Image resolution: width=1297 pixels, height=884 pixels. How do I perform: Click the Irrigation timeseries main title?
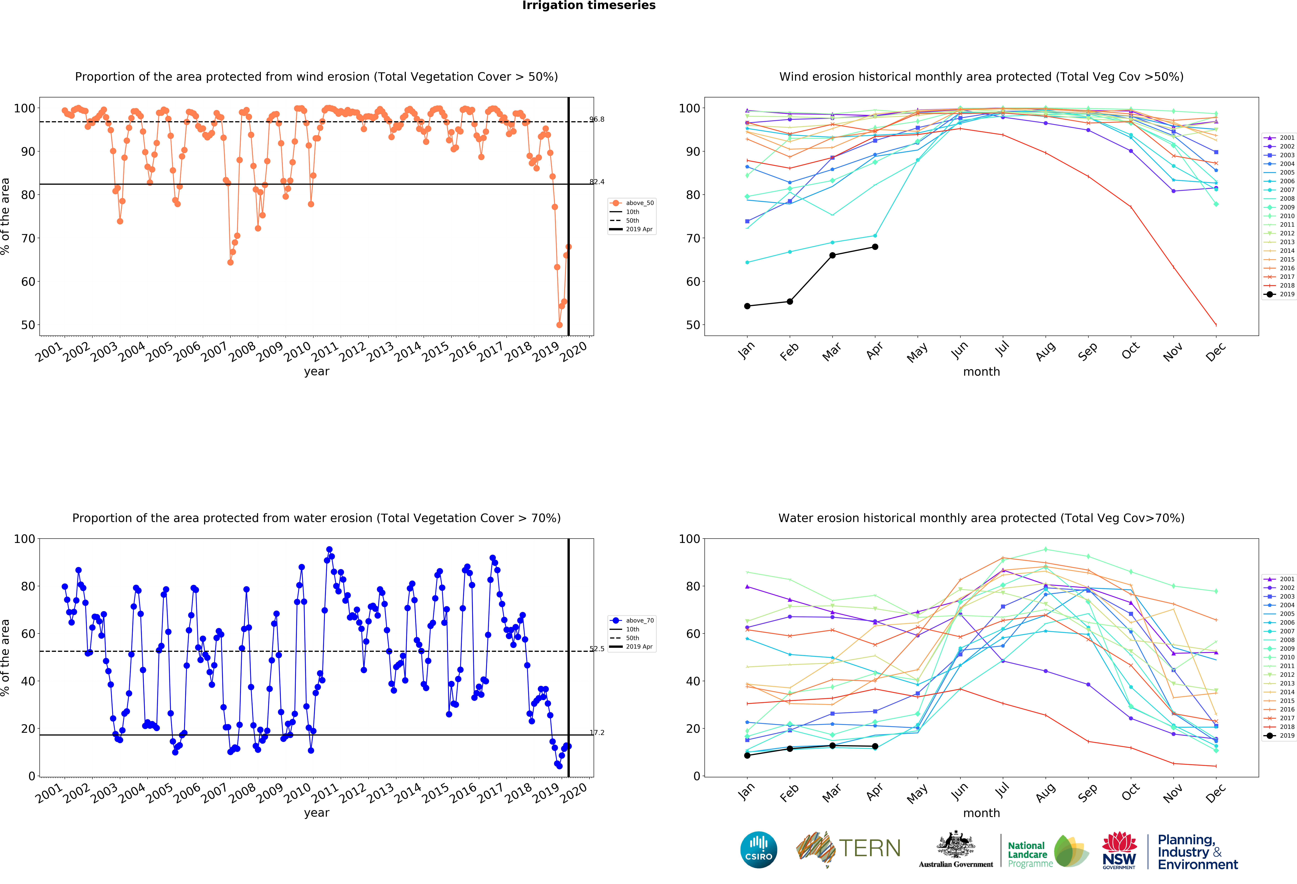(589, 6)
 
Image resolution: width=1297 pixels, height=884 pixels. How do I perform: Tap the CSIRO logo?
(758, 850)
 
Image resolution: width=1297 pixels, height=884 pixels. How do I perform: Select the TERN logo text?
(870, 848)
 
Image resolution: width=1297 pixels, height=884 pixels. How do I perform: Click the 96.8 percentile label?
(597, 119)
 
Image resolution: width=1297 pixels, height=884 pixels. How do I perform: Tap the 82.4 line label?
(597, 182)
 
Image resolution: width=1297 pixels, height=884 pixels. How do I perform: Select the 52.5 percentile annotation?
(597, 649)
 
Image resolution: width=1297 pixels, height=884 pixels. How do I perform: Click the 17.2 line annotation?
(597, 733)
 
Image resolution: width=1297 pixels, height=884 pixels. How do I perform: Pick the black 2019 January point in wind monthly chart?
(747, 306)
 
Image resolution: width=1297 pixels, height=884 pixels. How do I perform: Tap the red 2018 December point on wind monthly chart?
(1216, 325)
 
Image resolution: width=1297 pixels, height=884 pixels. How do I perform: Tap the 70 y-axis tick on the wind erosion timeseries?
(28, 238)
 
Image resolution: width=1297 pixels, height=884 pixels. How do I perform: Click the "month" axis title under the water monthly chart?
(981, 813)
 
